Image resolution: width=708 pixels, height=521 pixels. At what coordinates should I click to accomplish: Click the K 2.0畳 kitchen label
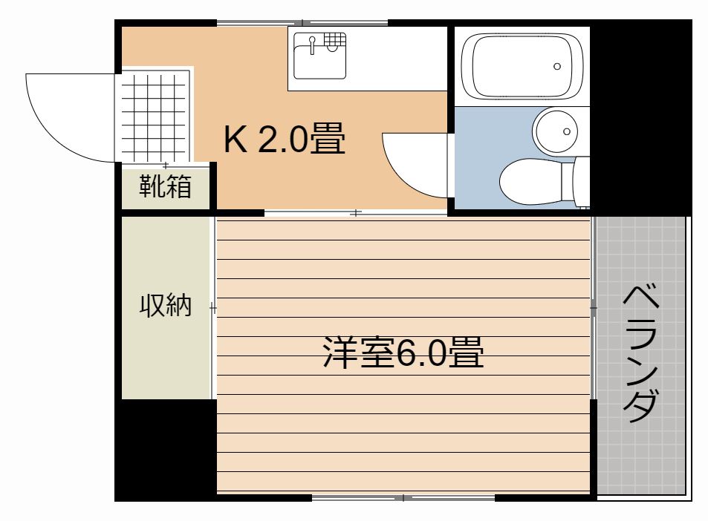click(x=285, y=139)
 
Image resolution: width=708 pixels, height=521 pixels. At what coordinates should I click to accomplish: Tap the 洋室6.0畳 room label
click(x=403, y=353)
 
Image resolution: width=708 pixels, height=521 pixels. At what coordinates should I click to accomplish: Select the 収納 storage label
click(x=165, y=305)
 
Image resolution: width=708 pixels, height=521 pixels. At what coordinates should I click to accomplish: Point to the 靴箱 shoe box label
click(x=165, y=186)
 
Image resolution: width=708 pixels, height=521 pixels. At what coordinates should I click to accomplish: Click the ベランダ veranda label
click(x=640, y=353)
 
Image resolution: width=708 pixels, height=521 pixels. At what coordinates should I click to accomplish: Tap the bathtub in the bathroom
click(x=522, y=66)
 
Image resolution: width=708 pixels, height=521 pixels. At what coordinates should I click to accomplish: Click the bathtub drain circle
click(x=557, y=66)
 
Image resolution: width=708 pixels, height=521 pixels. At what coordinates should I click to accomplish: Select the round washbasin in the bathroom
click(x=556, y=131)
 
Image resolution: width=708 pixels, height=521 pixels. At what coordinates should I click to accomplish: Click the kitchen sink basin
click(x=319, y=56)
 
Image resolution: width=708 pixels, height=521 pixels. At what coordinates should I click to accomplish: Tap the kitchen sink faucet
click(x=311, y=45)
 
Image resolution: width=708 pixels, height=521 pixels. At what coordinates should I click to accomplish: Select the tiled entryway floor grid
click(x=154, y=117)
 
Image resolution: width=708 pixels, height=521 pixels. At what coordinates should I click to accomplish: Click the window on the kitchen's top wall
click(x=302, y=22)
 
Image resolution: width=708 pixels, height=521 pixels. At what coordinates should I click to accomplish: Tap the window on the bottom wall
click(x=403, y=497)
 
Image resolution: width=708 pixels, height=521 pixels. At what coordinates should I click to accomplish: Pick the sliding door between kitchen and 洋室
click(x=356, y=212)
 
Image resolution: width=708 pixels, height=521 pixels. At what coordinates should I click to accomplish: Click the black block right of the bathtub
click(x=640, y=118)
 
